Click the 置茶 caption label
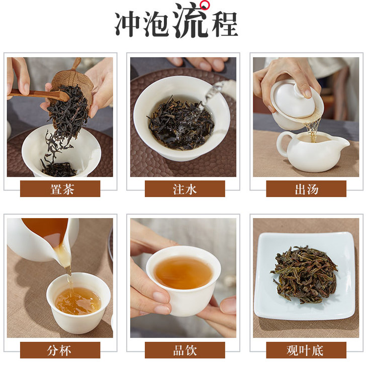(60, 189)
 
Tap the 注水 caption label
(185, 189)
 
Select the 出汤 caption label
(306, 189)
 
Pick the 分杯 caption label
(60, 350)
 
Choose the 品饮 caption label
(185, 350)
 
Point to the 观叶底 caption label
(306, 350)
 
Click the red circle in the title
(205, 5)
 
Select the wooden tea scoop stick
(39, 94)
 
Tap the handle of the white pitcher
(283, 145)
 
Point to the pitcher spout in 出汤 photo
(342, 144)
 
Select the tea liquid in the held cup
(183, 272)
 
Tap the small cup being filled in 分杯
(78, 303)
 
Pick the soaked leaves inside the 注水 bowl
(181, 124)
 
